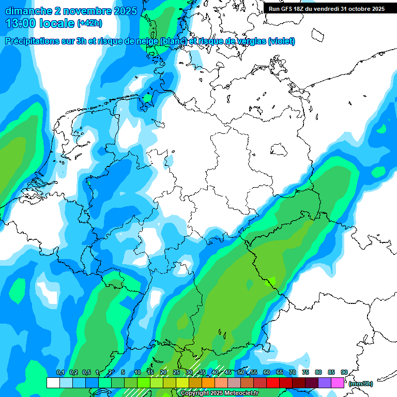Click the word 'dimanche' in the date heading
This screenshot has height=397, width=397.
pyautogui.click(x=28, y=11)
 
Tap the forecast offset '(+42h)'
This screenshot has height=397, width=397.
pyautogui.click(x=89, y=23)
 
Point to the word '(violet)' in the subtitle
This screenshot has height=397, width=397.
pyautogui.click(x=282, y=41)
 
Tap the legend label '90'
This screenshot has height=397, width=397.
pyautogui.click(x=344, y=372)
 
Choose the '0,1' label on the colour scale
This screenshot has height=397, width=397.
pyautogui.click(x=60, y=372)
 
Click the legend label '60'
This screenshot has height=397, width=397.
pyautogui.click(x=267, y=372)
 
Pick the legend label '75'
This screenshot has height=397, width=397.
pyautogui.click(x=306, y=372)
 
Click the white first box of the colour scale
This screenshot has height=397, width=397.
pyautogui.click(x=53, y=383)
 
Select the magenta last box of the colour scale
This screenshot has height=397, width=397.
pyautogui.click(x=338, y=383)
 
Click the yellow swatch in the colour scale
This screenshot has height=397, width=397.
pyautogui.click(x=182, y=383)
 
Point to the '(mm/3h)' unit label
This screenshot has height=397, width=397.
pyautogui.click(x=361, y=384)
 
